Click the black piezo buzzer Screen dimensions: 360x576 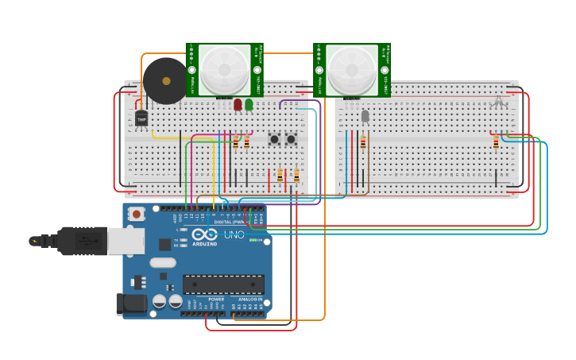click(165, 80)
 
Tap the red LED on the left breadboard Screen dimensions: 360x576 click(238, 104)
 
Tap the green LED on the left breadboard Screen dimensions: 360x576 click(249, 104)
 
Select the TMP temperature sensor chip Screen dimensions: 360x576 click(141, 118)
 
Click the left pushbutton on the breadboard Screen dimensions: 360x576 click(275, 139)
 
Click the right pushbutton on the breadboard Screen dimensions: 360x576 click(291, 139)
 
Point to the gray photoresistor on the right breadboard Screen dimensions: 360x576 click(365, 116)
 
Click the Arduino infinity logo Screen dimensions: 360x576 click(204, 234)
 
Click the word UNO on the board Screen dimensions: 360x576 click(234, 235)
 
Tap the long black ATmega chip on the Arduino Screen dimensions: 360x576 click(223, 284)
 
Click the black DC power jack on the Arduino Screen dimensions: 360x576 click(130, 304)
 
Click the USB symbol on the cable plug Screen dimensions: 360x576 click(34, 241)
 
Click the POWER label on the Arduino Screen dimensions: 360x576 click(216, 300)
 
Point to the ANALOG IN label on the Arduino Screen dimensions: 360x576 click(250, 300)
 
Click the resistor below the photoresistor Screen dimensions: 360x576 click(363, 142)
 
